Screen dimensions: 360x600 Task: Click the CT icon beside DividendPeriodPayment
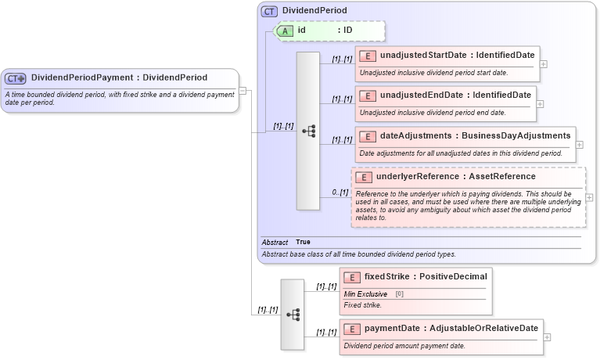(16, 78)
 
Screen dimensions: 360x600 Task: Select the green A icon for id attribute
(286, 31)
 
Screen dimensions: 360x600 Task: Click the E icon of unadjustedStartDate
(368, 56)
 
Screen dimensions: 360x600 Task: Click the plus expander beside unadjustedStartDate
(543, 64)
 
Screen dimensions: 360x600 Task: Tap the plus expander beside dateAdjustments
(579, 144)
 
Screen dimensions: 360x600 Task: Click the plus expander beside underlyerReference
(589, 198)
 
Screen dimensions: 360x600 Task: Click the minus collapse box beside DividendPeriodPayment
(243, 90)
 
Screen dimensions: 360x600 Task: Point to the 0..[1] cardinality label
(340, 193)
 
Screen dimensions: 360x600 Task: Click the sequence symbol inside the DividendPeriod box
(307, 131)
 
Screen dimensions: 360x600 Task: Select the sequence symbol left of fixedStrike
(293, 314)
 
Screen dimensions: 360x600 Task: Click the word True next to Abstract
(303, 243)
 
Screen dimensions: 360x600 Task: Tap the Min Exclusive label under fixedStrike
(366, 293)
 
